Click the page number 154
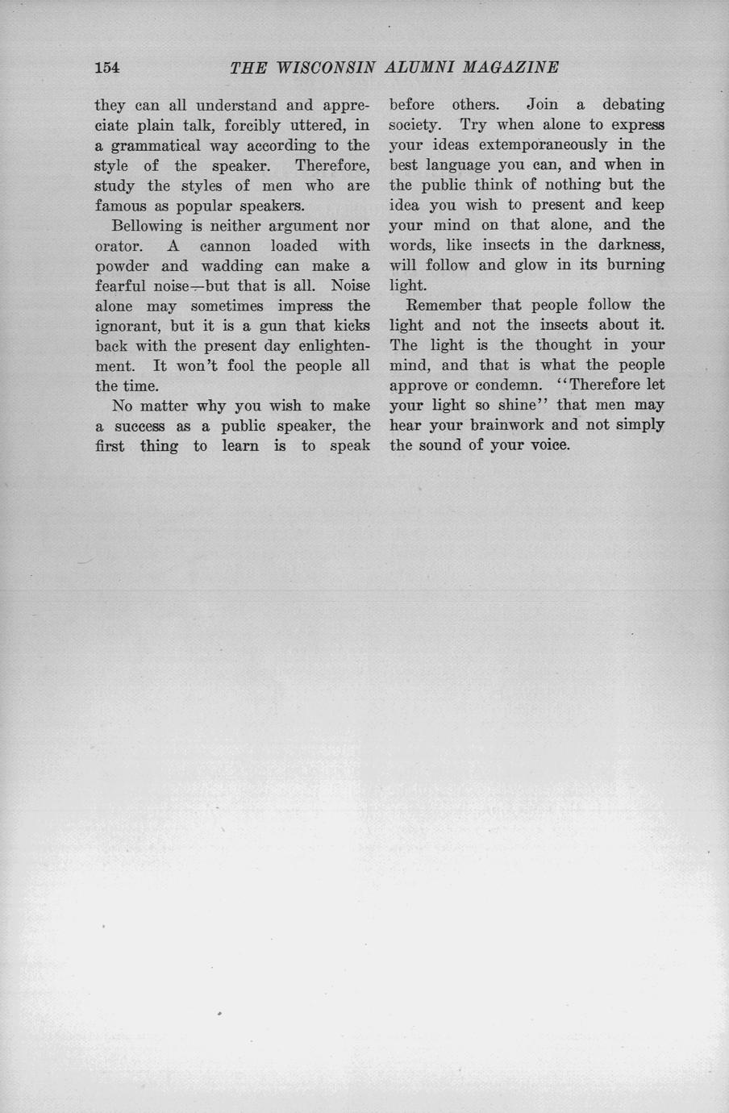tap(107, 68)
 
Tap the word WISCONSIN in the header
tap(326, 68)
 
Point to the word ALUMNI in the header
tap(419, 68)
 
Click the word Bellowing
tap(148, 227)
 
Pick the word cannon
tap(225, 246)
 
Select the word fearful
tap(120, 286)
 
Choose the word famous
tap(120, 206)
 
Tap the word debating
tap(634, 105)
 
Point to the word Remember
tap(441, 305)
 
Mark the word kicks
tap(352, 326)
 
